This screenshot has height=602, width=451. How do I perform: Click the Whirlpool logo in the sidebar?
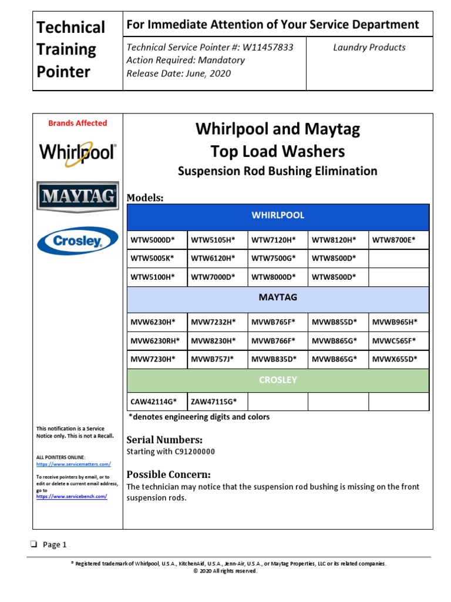(78, 153)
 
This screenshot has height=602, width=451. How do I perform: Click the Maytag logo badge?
(78, 197)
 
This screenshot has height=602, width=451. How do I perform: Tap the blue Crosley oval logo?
(78, 240)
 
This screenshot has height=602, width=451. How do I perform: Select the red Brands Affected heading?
(78, 123)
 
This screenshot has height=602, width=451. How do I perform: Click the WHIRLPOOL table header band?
(278, 216)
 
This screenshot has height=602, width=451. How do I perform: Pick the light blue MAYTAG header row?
(278, 297)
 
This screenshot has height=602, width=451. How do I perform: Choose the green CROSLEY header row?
(278, 380)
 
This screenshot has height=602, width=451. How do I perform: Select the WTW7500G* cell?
(274, 258)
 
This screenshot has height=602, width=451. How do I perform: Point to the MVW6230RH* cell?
(156, 340)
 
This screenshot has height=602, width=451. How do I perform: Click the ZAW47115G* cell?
(214, 402)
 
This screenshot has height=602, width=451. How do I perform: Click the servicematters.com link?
(73, 464)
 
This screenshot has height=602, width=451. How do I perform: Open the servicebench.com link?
(72, 496)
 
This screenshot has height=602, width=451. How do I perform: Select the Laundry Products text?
(369, 48)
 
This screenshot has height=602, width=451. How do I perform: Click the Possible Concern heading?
(169, 474)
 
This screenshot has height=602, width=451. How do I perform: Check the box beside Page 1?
(35, 544)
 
